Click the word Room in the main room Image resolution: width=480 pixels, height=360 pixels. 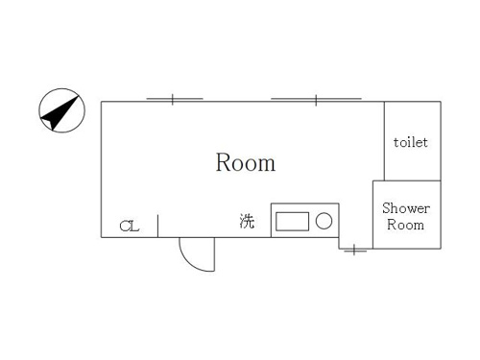(246, 162)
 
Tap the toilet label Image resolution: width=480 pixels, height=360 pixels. (411, 142)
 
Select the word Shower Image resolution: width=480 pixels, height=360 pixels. (406, 208)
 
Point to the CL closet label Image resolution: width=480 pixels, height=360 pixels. (130, 226)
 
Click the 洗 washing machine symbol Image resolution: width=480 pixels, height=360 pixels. (247, 221)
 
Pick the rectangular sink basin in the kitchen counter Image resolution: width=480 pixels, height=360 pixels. (292, 221)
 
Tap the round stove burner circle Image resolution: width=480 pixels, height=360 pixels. (324, 221)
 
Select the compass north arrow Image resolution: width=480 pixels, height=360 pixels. (60, 112)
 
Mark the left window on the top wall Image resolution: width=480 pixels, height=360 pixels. (175, 99)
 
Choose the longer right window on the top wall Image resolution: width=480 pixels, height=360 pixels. (316, 99)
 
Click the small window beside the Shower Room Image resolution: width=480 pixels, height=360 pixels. (354, 251)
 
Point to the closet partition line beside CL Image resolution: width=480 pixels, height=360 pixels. (157, 227)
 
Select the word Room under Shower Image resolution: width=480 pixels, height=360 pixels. (405, 225)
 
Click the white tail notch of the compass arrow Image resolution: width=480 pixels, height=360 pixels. (47, 123)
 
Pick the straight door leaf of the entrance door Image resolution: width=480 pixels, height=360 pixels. (214, 254)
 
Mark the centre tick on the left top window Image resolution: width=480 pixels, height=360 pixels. (173, 100)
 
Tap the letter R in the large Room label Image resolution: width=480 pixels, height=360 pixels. (223, 162)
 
